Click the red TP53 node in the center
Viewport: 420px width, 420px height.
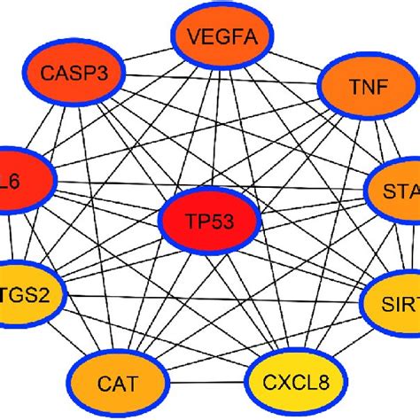[x=209, y=219]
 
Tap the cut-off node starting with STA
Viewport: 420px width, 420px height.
[x=395, y=191]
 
